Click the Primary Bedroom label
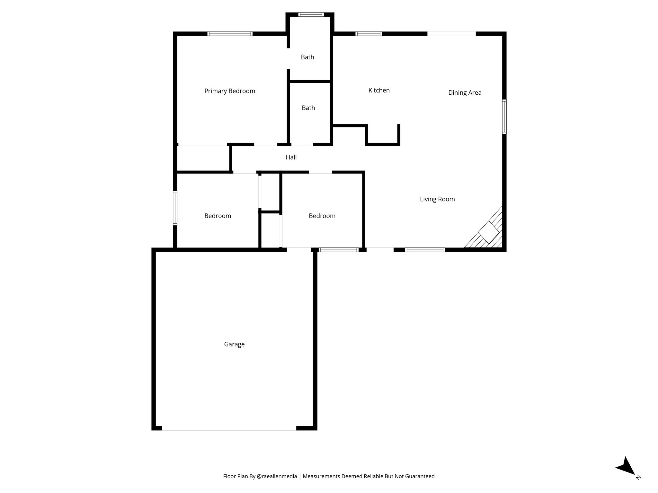point(230,91)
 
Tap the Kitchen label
point(379,91)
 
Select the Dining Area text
point(465,93)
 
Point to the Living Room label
point(437,199)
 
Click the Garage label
point(234,344)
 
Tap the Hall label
point(291,157)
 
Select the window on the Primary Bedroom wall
point(230,34)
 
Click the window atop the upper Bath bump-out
point(311,14)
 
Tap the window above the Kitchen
point(369,34)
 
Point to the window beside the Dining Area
point(504,117)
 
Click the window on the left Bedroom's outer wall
point(175,208)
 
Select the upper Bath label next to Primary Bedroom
point(307,57)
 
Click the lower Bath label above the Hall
point(308,108)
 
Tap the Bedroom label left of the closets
point(218,216)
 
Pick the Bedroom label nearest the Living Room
point(322,216)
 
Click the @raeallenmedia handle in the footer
point(277,476)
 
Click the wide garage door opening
point(229,428)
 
